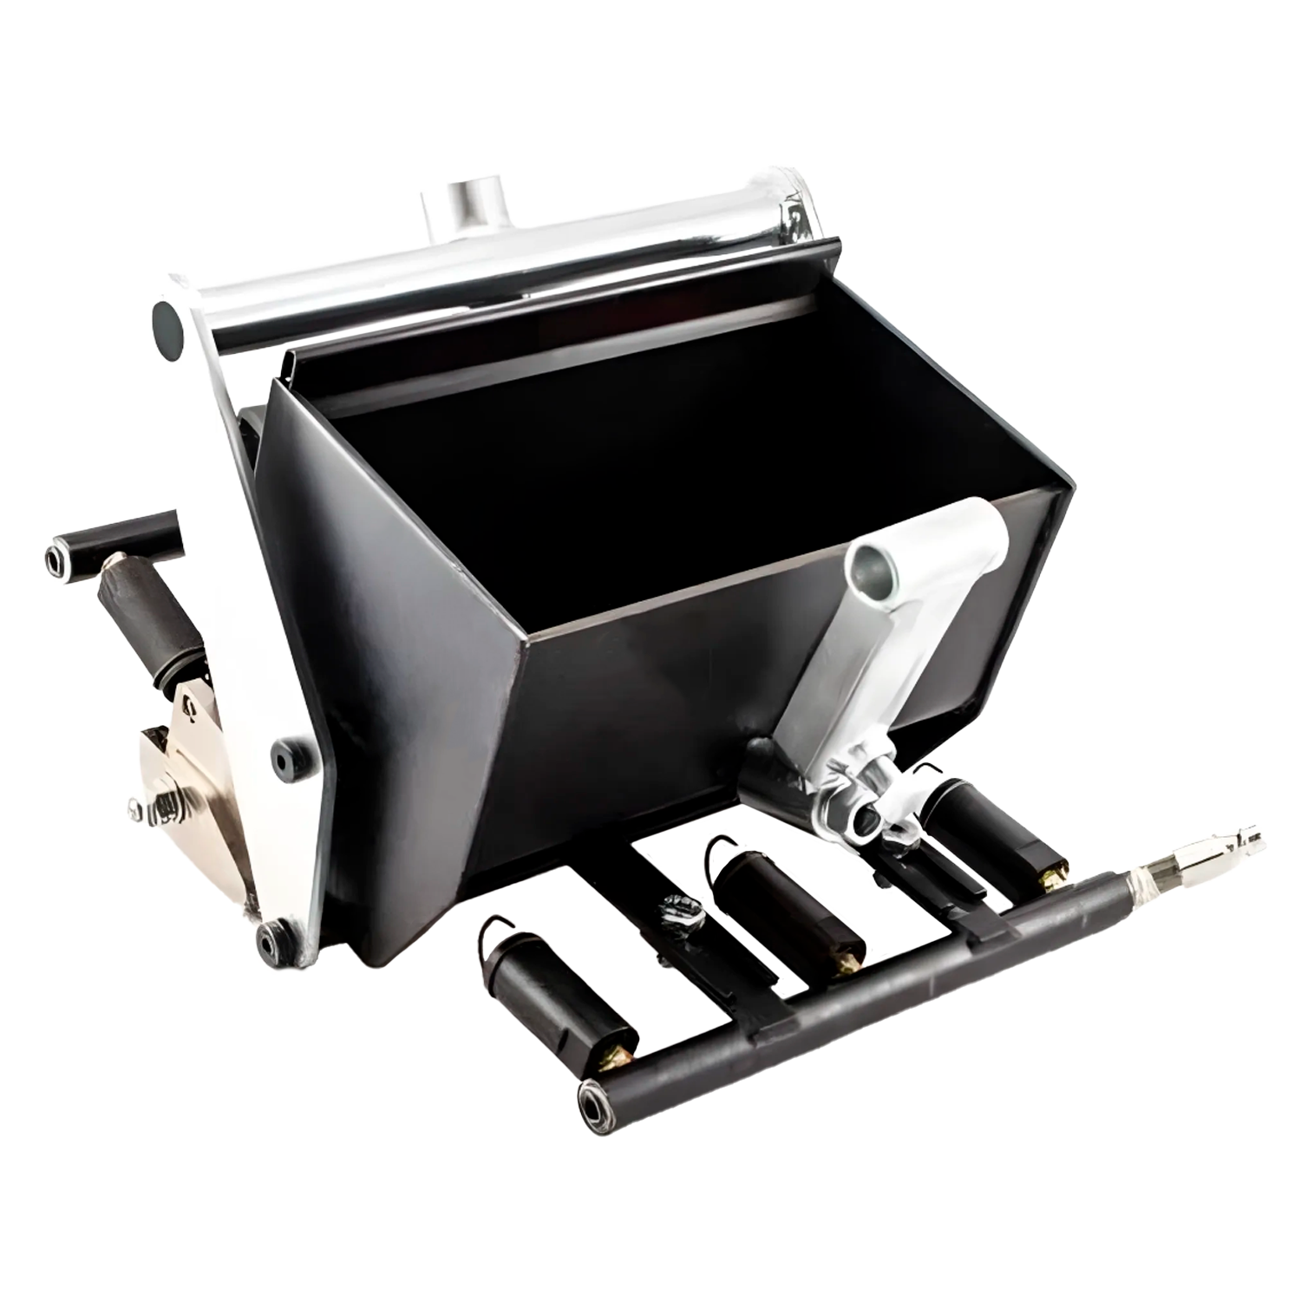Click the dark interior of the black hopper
point(607,486)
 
